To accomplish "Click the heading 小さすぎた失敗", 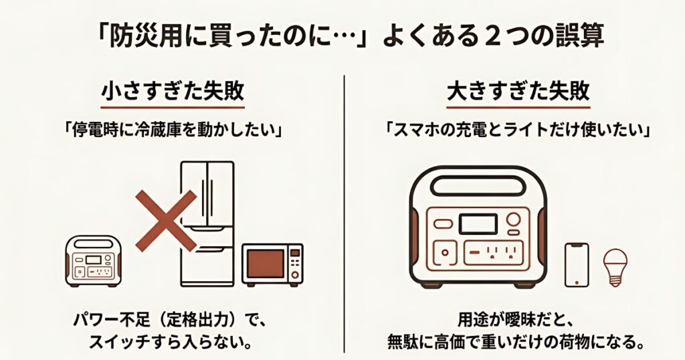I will click(173, 92).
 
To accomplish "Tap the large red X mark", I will click(167, 221).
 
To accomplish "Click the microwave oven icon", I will click(272, 264).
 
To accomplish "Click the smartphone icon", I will click(576, 266).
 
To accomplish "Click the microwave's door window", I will click(266, 265).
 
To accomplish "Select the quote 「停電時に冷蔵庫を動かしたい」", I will click(173, 130).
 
